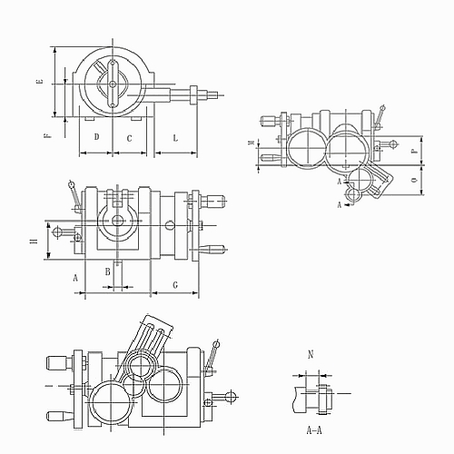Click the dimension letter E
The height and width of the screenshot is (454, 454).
38,82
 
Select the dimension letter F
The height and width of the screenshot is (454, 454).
46,135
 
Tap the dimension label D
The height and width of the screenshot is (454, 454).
95,138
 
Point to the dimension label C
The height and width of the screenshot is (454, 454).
129,138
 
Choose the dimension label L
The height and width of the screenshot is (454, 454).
175,138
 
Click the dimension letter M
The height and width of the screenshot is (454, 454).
252,144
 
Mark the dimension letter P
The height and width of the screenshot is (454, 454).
414,152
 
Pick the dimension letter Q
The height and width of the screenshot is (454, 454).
414,181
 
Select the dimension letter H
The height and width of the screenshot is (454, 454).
34,242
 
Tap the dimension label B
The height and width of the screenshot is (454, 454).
107,271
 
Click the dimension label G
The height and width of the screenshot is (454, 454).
173,284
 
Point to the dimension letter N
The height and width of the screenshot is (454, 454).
311,354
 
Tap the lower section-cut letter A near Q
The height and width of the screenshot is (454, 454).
339,205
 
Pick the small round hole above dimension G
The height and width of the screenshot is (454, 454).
170,225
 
